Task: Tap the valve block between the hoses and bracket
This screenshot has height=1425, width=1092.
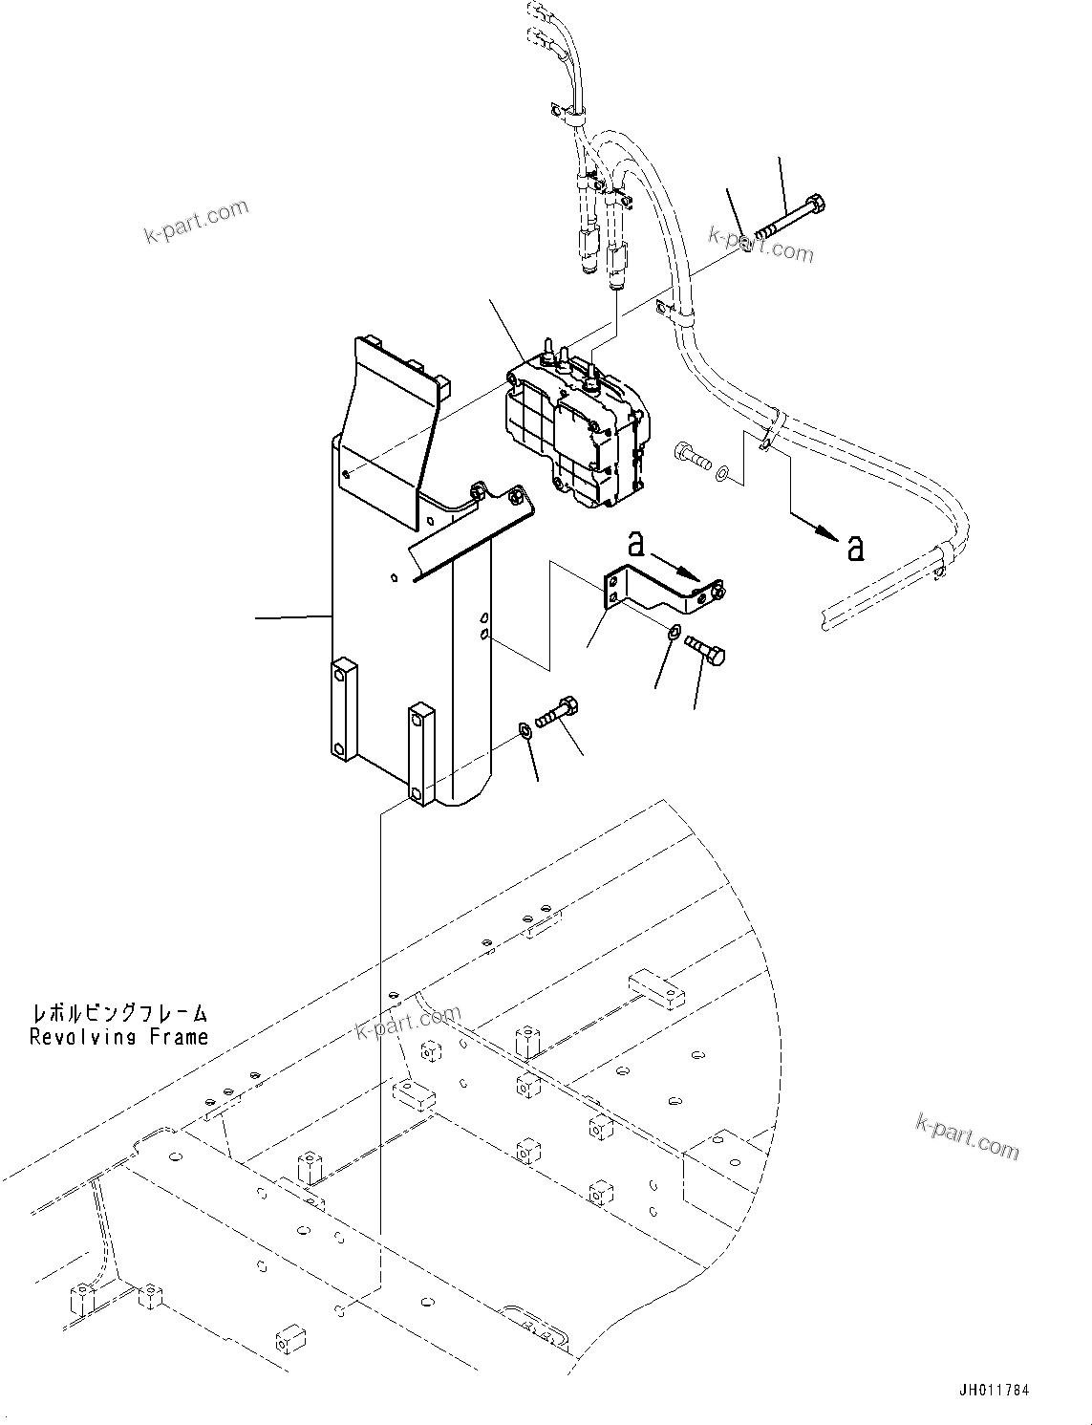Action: (x=573, y=430)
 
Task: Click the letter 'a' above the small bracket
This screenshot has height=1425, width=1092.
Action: (x=635, y=545)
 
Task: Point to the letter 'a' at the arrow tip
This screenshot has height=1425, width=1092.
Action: (x=856, y=548)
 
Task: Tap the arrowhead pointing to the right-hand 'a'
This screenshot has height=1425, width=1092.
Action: (x=824, y=532)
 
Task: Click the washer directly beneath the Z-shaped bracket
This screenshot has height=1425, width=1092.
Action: (x=674, y=631)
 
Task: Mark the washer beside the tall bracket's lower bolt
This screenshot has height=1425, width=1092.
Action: (x=525, y=731)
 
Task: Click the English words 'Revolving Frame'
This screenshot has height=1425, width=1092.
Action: (x=118, y=1037)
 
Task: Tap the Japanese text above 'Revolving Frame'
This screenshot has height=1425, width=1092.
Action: (x=118, y=1013)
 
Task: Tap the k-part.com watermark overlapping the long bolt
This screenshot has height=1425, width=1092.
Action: (x=761, y=245)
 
